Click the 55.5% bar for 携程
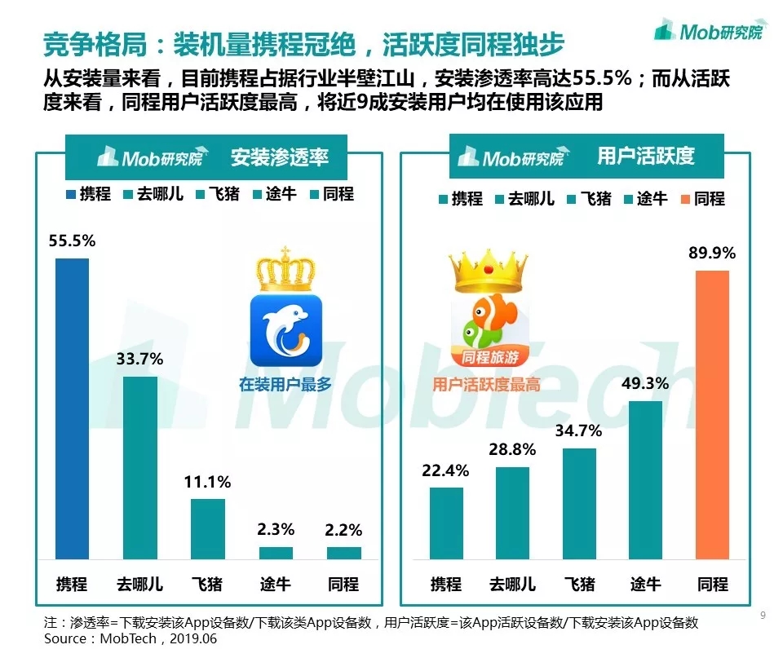[x=72, y=408]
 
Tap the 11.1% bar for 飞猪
[x=208, y=528]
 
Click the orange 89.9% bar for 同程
[x=712, y=414]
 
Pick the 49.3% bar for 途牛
[x=645, y=479]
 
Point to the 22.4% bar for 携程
[x=446, y=523]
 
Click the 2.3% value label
[x=276, y=529]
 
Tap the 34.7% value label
[x=579, y=430]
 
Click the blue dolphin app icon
[x=285, y=330]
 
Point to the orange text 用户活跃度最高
[x=486, y=384]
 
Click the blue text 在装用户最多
[x=285, y=384]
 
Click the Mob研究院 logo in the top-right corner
[x=710, y=32]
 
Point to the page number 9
[x=763, y=616]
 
